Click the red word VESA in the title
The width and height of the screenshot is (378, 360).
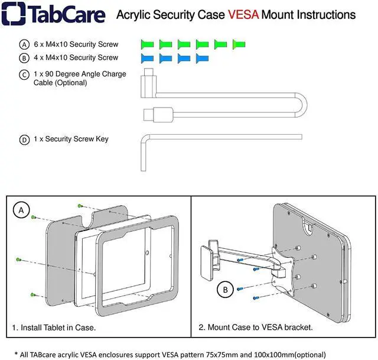[243, 15]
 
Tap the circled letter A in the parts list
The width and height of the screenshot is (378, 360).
[24, 45]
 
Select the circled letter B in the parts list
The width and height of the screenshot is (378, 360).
[24, 59]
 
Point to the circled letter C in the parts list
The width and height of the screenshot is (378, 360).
[24, 75]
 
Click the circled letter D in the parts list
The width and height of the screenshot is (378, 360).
[24, 140]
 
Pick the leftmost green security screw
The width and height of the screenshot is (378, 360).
[148, 44]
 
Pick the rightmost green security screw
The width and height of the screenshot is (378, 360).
[239, 44]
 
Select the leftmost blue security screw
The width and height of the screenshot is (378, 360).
[148, 58]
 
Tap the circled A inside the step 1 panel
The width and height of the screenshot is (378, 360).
[22, 210]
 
